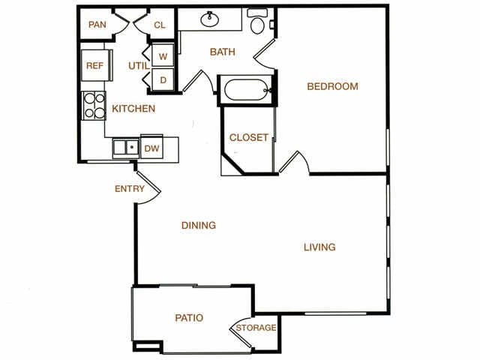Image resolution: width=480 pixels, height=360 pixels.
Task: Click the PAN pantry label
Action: (97, 25)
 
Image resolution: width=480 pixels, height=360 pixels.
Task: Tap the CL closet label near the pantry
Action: (160, 25)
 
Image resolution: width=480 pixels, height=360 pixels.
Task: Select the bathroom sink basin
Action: (210, 19)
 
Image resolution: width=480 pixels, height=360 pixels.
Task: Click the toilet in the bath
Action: (257, 22)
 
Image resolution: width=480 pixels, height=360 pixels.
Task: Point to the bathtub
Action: (247, 90)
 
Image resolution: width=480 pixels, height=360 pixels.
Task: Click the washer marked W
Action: (163, 55)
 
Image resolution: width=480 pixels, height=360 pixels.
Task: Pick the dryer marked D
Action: (163, 79)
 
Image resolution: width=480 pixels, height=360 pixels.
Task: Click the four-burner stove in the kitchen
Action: (94, 106)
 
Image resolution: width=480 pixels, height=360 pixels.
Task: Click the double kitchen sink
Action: (126, 148)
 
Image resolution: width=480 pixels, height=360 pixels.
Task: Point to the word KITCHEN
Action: (133, 109)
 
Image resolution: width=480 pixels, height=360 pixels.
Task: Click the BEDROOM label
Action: (332, 86)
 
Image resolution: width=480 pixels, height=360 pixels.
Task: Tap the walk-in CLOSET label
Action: (248, 138)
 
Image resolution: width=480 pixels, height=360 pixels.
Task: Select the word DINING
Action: (199, 225)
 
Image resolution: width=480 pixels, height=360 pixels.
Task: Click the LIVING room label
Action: (319, 247)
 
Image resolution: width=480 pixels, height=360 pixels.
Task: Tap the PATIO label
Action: (189, 318)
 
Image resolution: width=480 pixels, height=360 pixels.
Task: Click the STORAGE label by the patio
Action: (256, 328)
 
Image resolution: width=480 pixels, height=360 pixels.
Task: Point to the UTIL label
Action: (139, 66)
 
